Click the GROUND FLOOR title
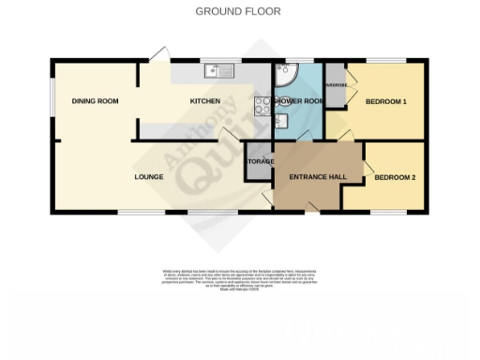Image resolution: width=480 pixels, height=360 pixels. click(237, 11)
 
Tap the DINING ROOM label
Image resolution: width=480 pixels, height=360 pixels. click(95, 101)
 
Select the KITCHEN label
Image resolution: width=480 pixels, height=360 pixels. click(205, 101)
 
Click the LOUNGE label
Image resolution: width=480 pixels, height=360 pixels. click(149, 176)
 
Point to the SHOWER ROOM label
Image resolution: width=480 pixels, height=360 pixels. click(296, 101)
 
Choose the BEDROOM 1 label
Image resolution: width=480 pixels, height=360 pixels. click(385, 101)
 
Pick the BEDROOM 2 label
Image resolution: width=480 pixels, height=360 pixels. click(394, 176)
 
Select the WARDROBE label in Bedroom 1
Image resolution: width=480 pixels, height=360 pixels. click(335, 85)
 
